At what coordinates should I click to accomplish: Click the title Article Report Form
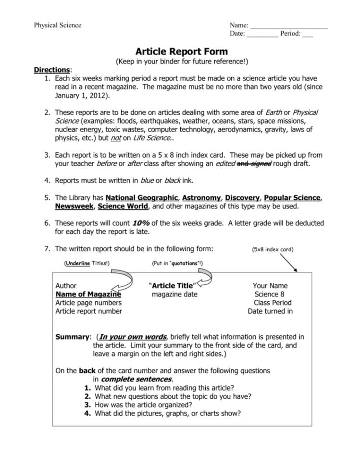(181, 51)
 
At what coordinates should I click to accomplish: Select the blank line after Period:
(308, 35)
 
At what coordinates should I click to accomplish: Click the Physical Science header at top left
(57, 25)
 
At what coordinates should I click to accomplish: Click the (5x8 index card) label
(273, 249)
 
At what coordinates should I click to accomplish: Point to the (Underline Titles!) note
(87, 263)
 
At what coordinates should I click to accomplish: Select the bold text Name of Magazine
(88, 294)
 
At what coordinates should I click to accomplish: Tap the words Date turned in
(270, 311)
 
